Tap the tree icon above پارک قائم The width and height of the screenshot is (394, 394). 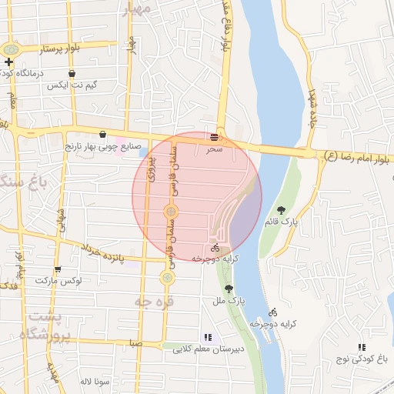[281, 210]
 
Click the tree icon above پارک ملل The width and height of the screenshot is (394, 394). [228, 289]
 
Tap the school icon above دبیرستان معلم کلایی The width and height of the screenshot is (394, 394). [208, 337]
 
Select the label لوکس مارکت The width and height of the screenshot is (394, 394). [58, 282]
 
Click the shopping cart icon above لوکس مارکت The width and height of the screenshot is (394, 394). [58, 269]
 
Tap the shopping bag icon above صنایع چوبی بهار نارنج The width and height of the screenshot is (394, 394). [102, 134]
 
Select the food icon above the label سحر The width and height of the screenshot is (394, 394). [213, 136]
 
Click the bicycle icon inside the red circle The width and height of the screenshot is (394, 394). [215, 248]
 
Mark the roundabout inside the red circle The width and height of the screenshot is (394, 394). [172, 210]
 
